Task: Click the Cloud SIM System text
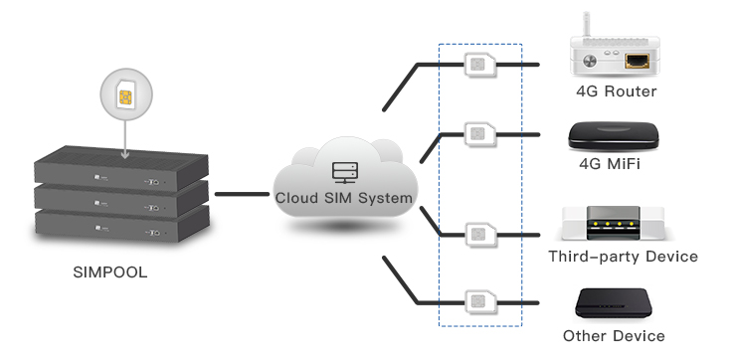click(344, 198)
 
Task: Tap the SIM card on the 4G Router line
click(479, 66)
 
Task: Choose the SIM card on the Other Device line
click(479, 300)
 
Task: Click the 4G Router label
click(617, 91)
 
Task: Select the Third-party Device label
click(623, 257)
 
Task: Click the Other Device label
click(614, 336)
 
